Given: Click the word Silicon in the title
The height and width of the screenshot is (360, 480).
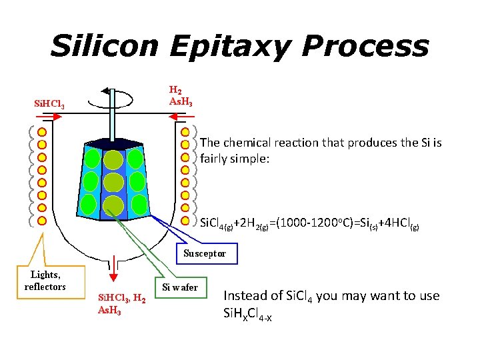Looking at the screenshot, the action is tap(104, 46).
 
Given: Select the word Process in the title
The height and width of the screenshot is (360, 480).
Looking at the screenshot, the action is tap(365, 46).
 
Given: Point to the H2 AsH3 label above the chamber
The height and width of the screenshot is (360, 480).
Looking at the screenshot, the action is tap(181, 95).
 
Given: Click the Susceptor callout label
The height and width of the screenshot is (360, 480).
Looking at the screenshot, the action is tap(205, 253).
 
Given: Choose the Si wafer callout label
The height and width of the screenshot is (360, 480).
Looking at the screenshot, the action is tap(180, 287).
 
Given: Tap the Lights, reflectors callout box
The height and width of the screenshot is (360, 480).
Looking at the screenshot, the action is tap(45, 281).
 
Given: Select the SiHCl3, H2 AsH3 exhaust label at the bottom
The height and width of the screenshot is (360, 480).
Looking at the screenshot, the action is tap(123, 304).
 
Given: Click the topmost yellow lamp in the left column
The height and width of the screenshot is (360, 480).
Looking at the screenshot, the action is tap(41, 132).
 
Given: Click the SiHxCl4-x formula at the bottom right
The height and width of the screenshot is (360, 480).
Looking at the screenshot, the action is tap(247, 313).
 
